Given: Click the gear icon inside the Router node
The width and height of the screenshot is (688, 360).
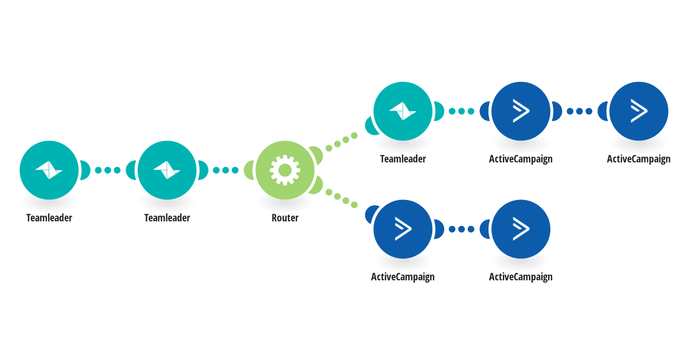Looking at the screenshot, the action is pyautogui.click(x=285, y=170).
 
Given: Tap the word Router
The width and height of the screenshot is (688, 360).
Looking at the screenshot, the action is pyautogui.click(x=285, y=218).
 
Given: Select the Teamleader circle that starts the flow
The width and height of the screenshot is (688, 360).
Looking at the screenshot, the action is pyautogui.click(x=49, y=170).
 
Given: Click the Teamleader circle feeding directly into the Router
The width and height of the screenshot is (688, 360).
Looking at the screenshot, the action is pyautogui.click(x=167, y=170).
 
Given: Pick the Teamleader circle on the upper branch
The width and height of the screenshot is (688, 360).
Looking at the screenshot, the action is pyautogui.click(x=403, y=111).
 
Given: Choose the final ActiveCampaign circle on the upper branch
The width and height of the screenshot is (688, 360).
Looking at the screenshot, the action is pyautogui.click(x=639, y=111).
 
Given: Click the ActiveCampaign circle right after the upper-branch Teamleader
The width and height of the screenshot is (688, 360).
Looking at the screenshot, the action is pyautogui.click(x=521, y=111).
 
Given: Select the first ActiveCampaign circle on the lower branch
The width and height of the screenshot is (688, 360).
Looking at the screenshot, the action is pyautogui.click(x=403, y=229).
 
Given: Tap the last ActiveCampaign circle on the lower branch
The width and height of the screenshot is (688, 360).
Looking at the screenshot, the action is pyautogui.click(x=521, y=229).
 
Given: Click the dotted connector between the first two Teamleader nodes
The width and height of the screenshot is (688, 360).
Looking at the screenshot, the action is pyautogui.click(x=108, y=170).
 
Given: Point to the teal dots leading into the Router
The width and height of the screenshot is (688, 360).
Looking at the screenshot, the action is pyautogui.click(x=226, y=170).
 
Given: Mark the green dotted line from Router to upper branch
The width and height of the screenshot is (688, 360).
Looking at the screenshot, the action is pyautogui.click(x=342, y=142).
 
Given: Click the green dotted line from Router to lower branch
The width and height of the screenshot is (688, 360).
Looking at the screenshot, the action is pyautogui.click(x=342, y=198).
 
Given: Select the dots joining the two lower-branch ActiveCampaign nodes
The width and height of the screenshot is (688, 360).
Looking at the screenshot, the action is pyautogui.click(x=462, y=229).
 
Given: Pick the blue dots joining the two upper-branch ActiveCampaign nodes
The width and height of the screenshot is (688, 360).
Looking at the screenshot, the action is pyautogui.click(x=580, y=111).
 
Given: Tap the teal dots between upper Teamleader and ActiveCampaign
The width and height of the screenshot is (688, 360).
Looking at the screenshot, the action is pyautogui.click(x=462, y=111).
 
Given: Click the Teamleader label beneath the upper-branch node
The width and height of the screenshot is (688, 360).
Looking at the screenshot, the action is pyautogui.click(x=403, y=159).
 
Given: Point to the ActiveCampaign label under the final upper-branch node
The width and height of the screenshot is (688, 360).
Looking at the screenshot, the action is pyautogui.click(x=639, y=159).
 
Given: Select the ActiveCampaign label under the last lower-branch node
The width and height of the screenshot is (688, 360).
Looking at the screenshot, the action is pyautogui.click(x=521, y=277).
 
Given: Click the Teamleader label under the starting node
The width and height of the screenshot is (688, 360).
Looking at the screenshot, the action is pyautogui.click(x=49, y=218).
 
